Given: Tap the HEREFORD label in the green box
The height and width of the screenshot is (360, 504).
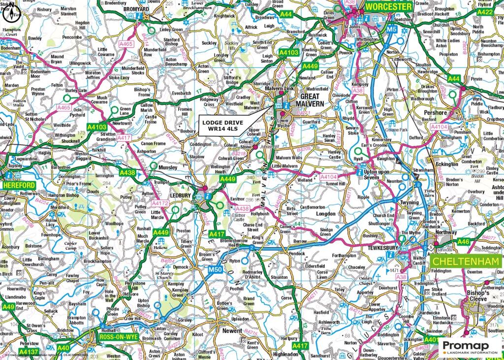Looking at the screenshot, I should (18, 185).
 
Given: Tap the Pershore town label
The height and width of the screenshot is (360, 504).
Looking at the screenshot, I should (435, 112).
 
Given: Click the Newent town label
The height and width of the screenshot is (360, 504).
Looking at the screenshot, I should (232, 331).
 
